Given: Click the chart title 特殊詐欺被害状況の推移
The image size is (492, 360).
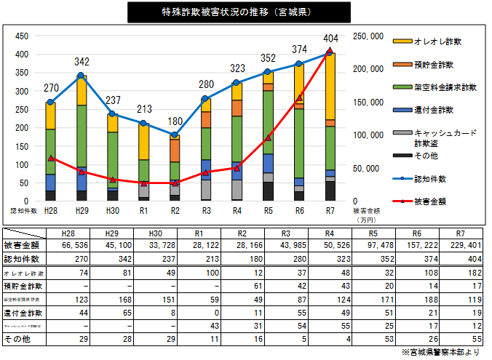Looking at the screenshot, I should click(238, 12).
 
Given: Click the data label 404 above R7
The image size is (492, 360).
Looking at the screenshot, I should click(331, 38).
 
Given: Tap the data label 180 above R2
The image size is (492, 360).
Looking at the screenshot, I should click(175, 121).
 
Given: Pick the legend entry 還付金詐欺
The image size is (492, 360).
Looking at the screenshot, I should click(433, 110).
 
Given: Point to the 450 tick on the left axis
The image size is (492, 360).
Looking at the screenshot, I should click(22, 36).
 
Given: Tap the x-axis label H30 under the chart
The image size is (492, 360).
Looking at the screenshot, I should click(113, 211).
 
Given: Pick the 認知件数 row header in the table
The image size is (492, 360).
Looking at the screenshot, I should click(22, 258).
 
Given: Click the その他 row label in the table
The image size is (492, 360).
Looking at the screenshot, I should click(17, 338).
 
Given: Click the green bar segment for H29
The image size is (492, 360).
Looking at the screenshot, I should click(82, 136).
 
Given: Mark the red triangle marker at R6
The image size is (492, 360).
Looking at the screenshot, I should click(299, 97).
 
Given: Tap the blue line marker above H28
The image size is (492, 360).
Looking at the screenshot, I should click(50, 102).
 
